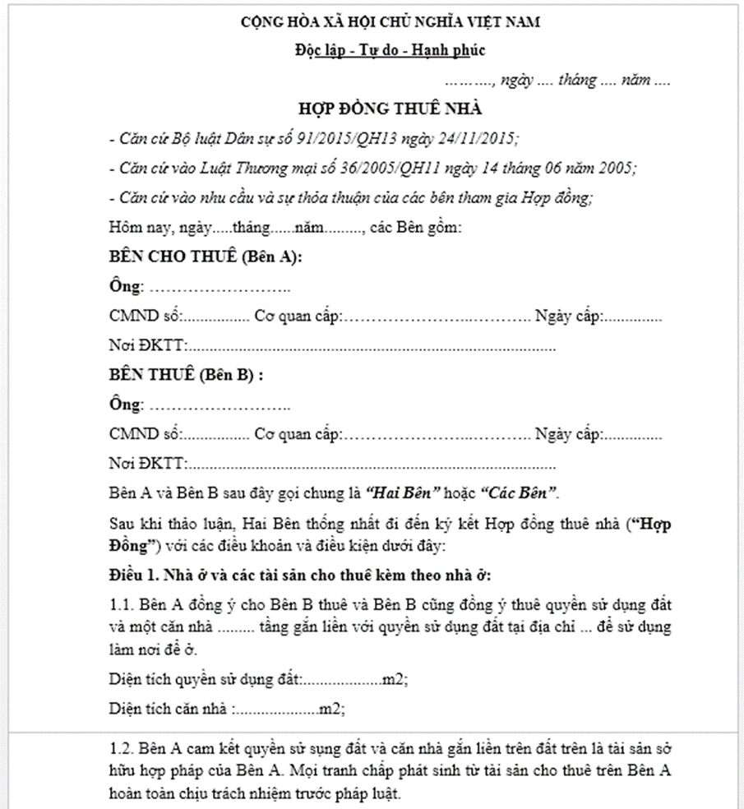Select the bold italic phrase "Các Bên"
519,494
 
